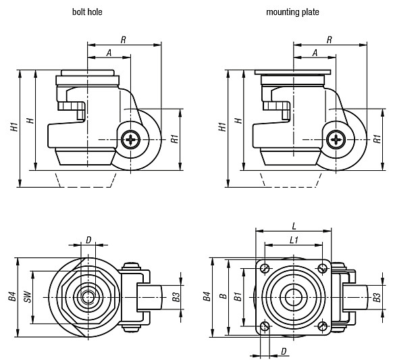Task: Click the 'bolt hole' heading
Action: click(x=87, y=11)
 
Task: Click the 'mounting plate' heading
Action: click(x=292, y=12)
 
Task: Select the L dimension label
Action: click(x=294, y=226)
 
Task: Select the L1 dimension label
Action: click(x=294, y=240)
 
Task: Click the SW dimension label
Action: click(x=28, y=297)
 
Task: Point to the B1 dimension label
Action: click(x=238, y=296)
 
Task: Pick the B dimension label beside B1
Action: click(x=223, y=296)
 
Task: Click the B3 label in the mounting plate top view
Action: click(x=377, y=297)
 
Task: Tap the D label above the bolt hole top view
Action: click(x=88, y=240)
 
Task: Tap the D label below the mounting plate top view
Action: click(x=284, y=351)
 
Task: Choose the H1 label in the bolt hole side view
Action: click(x=14, y=127)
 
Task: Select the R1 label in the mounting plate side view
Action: click(x=377, y=138)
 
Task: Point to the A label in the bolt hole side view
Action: click(x=109, y=53)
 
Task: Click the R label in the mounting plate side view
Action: click(x=330, y=40)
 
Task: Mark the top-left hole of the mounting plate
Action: click(x=265, y=269)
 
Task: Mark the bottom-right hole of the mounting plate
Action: click(x=323, y=326)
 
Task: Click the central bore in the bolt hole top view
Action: click(x=88, y=297)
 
